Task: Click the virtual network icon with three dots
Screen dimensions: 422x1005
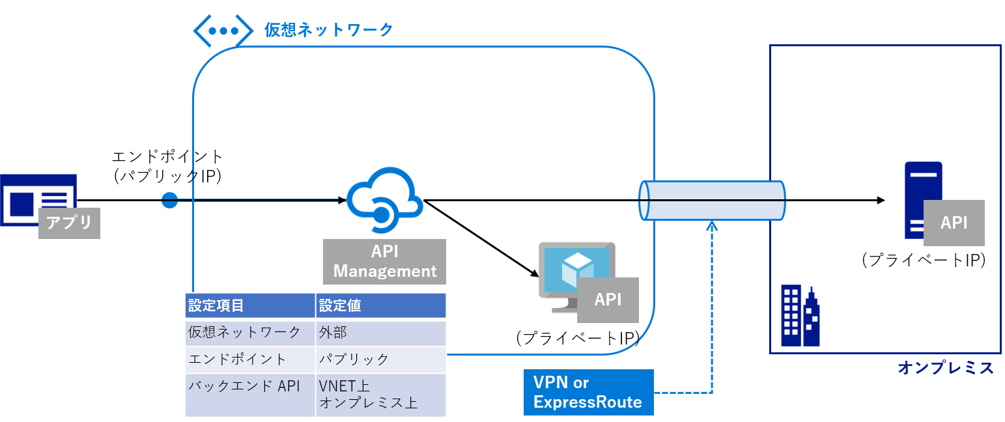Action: [x=223, y=31]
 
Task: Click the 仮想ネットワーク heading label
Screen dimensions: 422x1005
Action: [x=329, y=30]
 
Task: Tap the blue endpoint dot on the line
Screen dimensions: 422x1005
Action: [x=169, y=201]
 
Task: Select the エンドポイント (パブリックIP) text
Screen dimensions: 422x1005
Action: [x=167, y=167]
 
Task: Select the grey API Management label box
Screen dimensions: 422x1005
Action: [x=384, y=262]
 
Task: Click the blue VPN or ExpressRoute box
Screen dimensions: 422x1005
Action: [x=587, y=392]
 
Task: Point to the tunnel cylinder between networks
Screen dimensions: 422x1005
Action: [x=712, y=200]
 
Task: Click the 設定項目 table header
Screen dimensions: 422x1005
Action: [x=250, y=305]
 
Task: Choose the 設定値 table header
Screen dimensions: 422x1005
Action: [x=380, y=305]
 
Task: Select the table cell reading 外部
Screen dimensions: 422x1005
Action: [x=380, y=333]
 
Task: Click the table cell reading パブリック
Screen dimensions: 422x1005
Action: [x=380, y=359]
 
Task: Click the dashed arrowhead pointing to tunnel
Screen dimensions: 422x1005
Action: [x=712, y=225]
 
